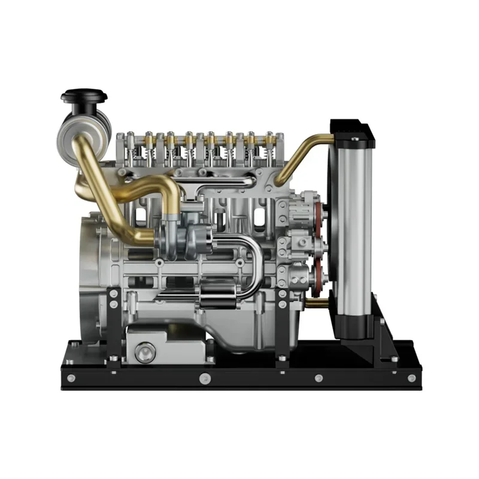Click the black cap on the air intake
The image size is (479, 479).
pos(84,95)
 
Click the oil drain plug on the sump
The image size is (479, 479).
pos(144,352)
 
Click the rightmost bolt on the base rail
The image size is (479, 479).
pos(411,378)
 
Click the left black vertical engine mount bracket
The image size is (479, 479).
pos(113,323)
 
